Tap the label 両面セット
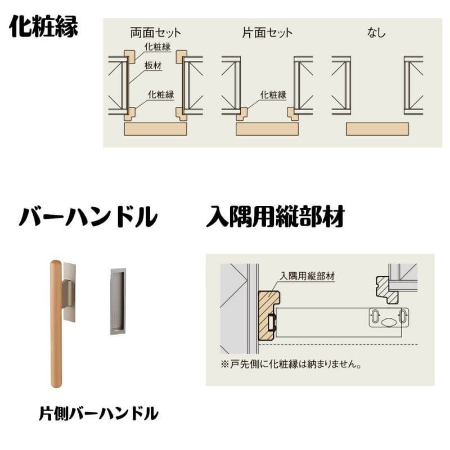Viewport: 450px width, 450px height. [155, 32]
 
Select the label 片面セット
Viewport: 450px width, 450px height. [267, 32]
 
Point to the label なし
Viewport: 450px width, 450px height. [376, 32]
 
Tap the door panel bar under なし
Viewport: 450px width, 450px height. [377, 129]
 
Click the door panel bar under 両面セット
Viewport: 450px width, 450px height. [155, 129]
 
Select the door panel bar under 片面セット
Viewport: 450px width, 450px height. [267, 129]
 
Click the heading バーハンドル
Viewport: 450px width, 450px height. [87, 217]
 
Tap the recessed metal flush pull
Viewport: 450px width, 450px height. [118, 301]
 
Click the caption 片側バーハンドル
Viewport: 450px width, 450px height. [98, 414]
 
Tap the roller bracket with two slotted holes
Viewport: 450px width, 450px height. [389, 318]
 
